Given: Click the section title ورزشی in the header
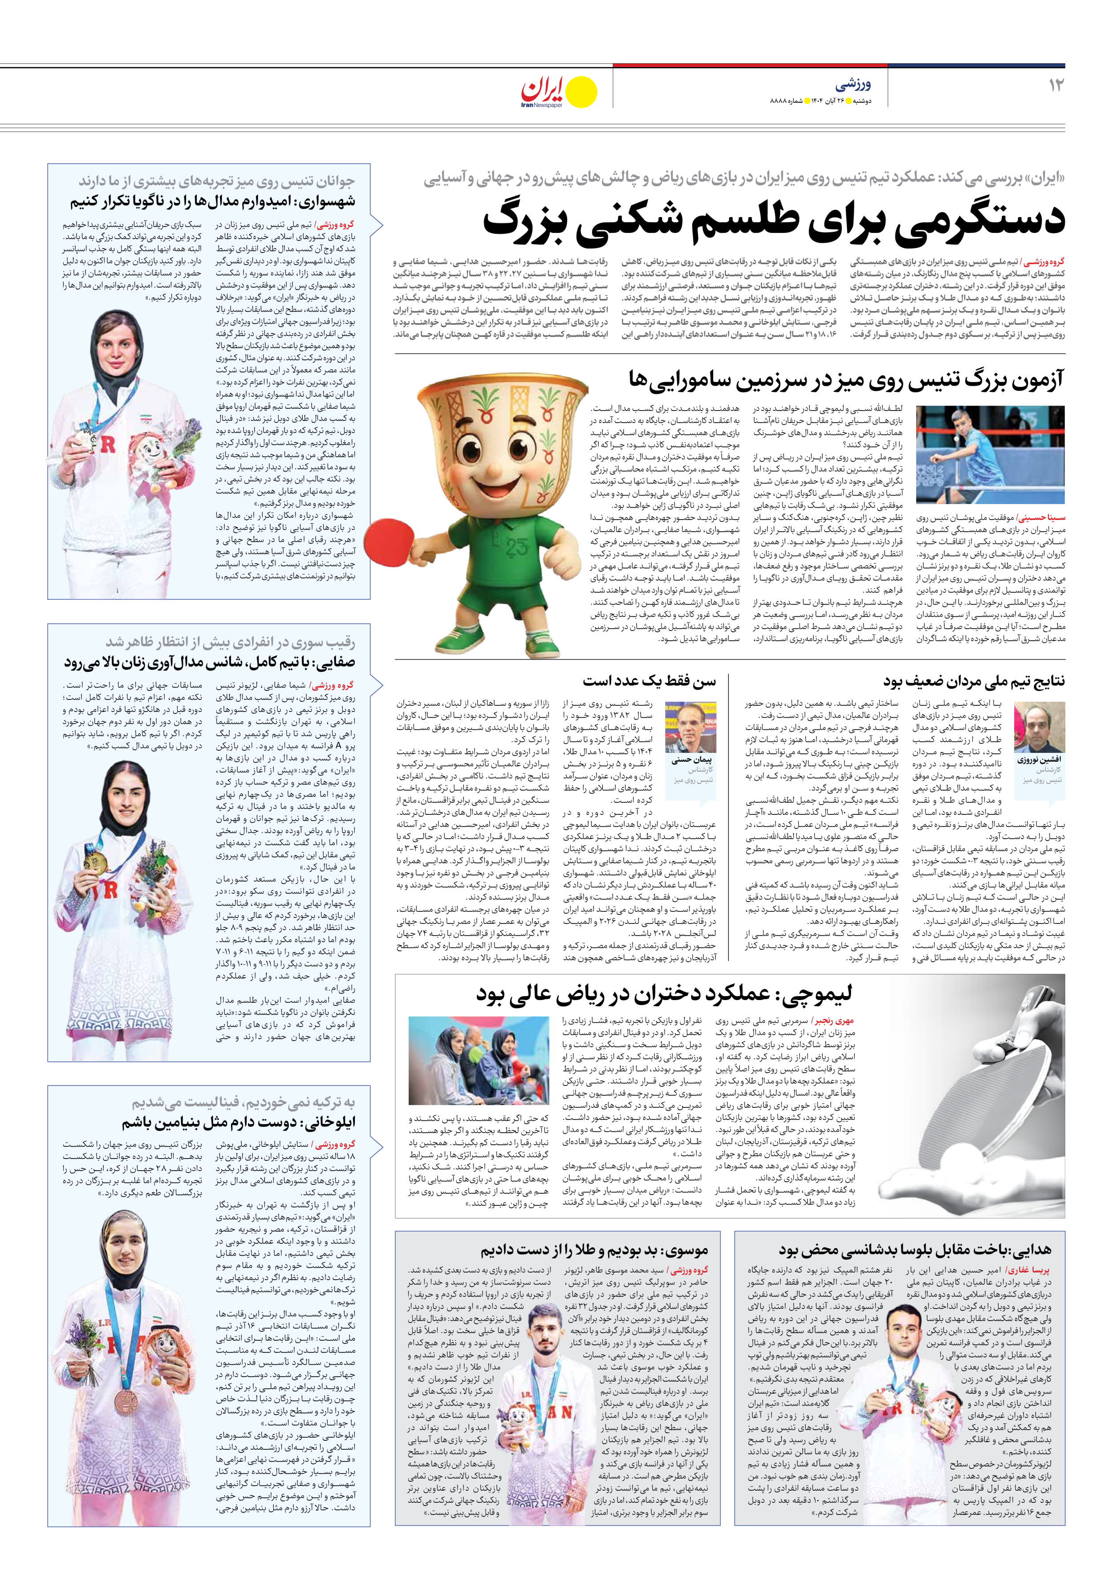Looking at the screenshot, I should pos(853,85).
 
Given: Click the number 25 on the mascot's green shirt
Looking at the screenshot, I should pos(516,548).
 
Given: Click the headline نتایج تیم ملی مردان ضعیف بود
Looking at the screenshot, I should pos(973,681).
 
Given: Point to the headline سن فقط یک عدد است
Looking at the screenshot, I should pos(649,681).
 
